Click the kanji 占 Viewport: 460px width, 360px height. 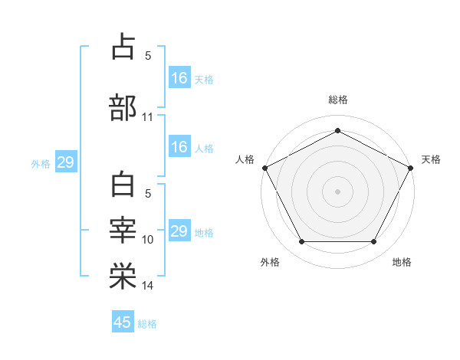123,47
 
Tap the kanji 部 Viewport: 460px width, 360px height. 123,108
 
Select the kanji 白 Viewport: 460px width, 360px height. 123,185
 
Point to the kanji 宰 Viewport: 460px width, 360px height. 123,231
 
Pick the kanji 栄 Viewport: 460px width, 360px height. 123,277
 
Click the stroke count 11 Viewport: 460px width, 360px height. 148,118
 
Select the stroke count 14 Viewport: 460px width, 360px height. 148,286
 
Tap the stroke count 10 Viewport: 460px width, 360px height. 148,240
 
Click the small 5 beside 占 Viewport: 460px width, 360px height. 148,55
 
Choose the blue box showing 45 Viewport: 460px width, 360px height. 123,322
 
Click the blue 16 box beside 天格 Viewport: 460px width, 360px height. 179,77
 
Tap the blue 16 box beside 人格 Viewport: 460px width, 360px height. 179,147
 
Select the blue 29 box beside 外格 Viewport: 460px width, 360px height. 65,162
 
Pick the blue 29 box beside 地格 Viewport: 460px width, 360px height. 179,231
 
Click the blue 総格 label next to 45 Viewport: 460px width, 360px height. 147,324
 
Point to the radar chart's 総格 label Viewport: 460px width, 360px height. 338,100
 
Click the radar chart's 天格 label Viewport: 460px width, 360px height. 431,159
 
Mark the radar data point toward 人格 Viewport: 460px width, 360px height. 264,168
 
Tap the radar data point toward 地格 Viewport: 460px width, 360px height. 374,242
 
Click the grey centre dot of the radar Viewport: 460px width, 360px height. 337,191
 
